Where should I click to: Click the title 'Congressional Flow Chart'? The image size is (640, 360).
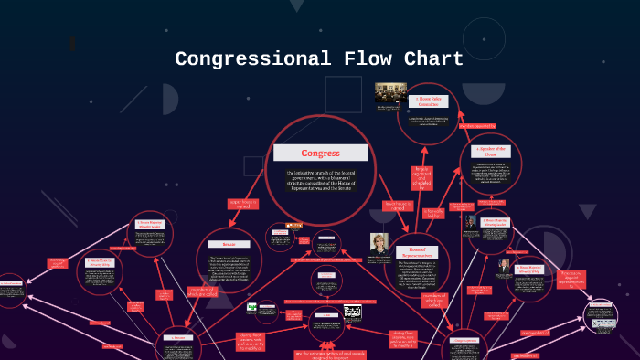click(319, 59)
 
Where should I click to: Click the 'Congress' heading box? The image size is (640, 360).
click(321, 153)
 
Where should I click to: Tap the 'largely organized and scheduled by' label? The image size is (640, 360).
click(421, 175)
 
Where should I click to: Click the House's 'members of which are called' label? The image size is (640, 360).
click(434, 300)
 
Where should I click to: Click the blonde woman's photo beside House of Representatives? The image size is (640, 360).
click(379, 244)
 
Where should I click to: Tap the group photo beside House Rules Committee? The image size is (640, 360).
click(390, 92)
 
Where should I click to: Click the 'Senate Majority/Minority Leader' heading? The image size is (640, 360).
click(149, 223)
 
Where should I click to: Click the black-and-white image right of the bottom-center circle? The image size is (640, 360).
click(352, 313)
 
